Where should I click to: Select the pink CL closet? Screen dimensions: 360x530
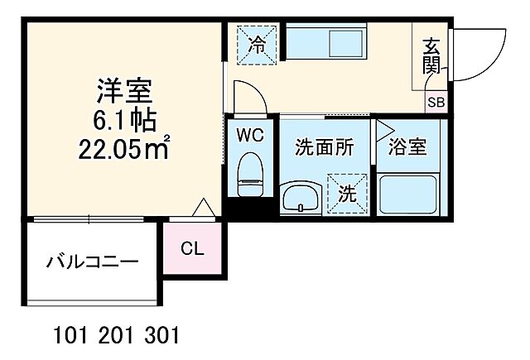(x=192, y=248)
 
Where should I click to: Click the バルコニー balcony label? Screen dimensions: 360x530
(x=92, y=264)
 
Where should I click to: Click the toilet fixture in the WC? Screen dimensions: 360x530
(x=249, y=175)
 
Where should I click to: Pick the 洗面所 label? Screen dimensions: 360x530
(x=325, y=147)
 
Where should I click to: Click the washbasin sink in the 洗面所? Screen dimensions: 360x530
(x=299, y=198)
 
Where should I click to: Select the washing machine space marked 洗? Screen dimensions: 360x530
(x=347, y=193)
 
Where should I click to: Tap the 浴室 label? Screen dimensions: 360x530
(x=407, y=147)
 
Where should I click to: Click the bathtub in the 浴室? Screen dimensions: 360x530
(x=408, y=194)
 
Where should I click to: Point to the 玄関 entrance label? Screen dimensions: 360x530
(x=431, y=55)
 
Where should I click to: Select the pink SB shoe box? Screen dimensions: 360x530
(x=436, y=103)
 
